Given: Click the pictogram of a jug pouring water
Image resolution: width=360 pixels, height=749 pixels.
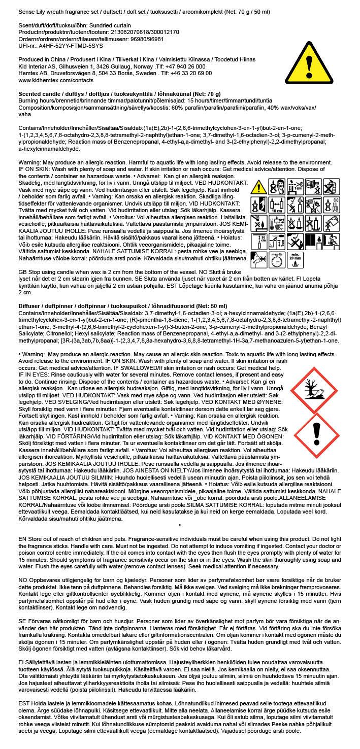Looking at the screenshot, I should click(x=333, y=223).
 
